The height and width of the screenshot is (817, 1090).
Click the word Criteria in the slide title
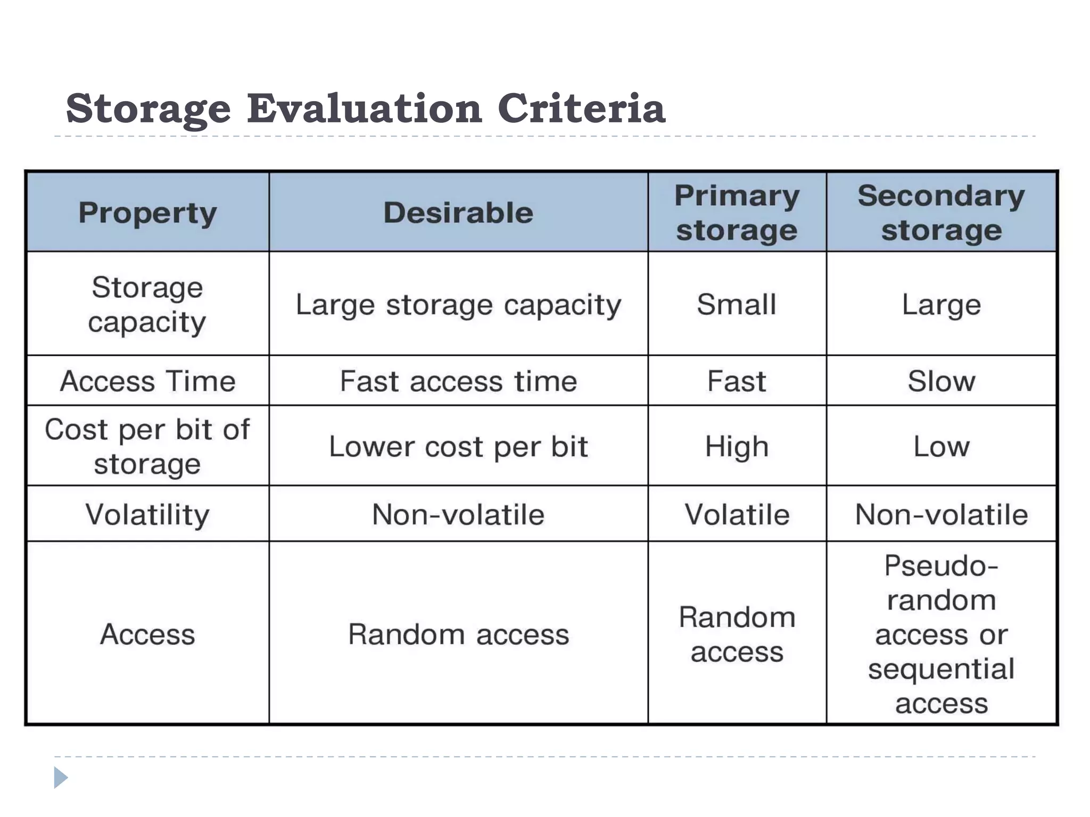[581, 109]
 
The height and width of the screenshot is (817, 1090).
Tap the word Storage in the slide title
[148, 110]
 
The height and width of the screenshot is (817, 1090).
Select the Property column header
[147, 213]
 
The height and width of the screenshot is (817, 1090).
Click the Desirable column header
[458, 213]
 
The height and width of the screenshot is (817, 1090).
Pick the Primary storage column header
[737, 213]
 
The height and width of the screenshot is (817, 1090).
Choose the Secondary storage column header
[941, 213]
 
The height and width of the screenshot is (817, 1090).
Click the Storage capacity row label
[147, 304]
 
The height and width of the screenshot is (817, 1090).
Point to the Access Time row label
[147, 381]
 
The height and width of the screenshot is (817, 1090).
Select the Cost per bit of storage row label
[147, 446]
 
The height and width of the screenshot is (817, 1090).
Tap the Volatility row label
[147, 514]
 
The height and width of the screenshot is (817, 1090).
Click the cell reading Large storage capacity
[458, 305]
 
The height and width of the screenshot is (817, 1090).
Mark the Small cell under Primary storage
[737, 305]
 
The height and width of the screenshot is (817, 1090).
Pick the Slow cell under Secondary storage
[941, 381]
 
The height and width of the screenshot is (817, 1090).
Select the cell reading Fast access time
[458, 381]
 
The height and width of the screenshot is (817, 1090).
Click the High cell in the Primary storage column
[737, 446]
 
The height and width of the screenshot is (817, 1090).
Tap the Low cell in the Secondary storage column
[941, 446]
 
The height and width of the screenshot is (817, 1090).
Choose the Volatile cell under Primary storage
[737, 514]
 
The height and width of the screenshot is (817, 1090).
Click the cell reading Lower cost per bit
[458, 446]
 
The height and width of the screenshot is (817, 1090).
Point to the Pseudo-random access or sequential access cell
[941, 633]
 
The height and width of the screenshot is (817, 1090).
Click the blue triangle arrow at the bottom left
[61, 778]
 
